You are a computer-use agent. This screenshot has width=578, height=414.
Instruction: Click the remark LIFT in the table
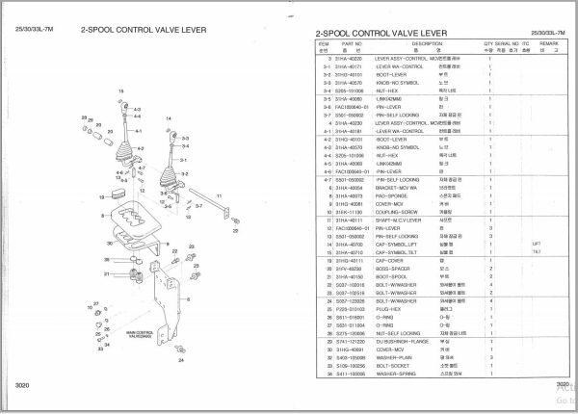(537, 244)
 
